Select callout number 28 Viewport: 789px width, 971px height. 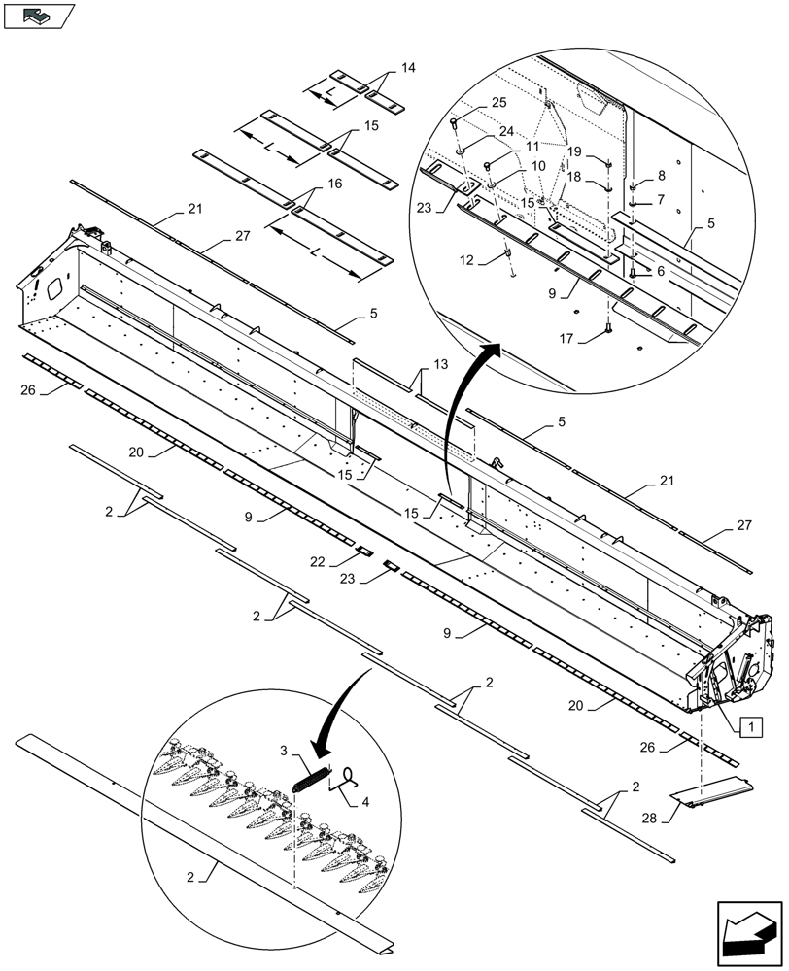point(650,818)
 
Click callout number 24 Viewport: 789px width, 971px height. point(506,131)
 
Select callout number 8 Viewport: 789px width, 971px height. point(661,176)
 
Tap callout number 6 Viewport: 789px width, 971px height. point(660,271)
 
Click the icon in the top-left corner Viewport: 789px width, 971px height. point(38,15)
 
